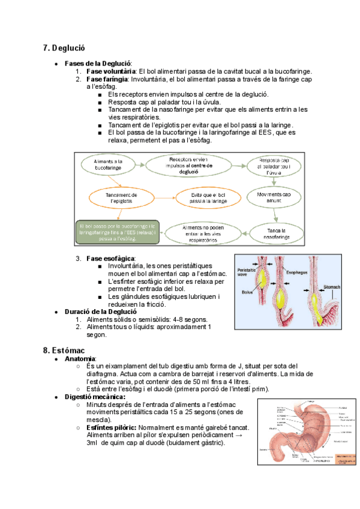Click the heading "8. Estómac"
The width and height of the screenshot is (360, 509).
(x=64, y=350)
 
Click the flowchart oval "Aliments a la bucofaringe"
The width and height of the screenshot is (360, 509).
(x=109, y=165)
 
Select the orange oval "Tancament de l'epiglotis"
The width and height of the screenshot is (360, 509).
(x=121, y=198)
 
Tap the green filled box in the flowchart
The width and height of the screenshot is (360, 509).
(x=118, y=232)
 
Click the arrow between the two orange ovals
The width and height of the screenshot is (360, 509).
(x=164, y=198)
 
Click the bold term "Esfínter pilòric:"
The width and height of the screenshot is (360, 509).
(x=110, y=427)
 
